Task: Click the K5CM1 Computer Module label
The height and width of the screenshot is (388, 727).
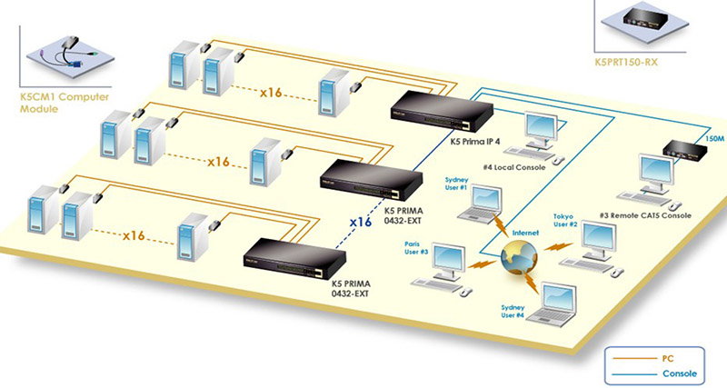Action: click(x=52, y=102)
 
